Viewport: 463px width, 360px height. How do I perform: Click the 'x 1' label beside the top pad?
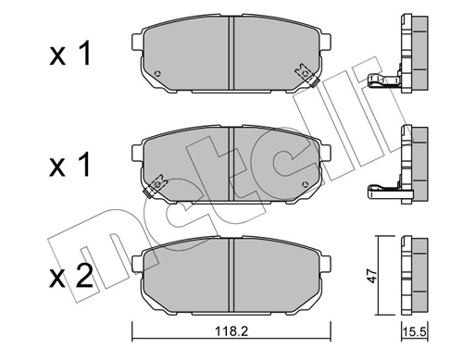pos(71,57)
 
